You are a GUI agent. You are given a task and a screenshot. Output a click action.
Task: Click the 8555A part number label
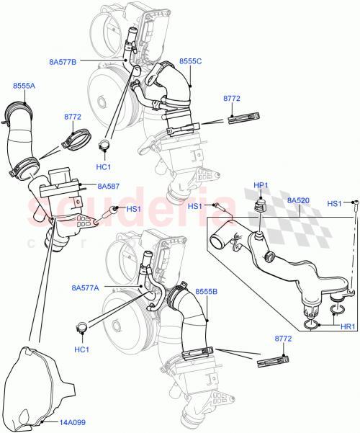(23, 86)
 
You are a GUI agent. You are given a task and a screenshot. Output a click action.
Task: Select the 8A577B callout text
(63, 62)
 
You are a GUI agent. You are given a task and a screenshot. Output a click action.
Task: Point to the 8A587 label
(109, 186)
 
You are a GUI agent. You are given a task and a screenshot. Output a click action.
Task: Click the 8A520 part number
(298, 201)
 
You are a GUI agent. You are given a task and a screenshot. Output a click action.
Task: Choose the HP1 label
(261, 185)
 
